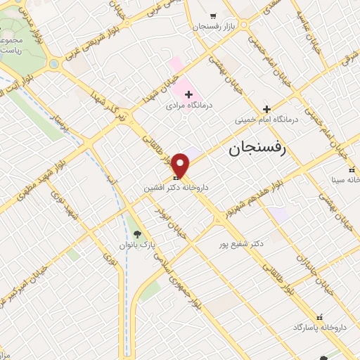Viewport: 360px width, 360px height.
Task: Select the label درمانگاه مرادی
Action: (188, 106)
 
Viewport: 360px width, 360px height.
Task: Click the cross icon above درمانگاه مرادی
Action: (188, 94)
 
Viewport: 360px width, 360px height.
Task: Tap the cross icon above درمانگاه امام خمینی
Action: (266, 109)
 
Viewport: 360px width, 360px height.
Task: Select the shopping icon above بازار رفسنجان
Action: (213, 15)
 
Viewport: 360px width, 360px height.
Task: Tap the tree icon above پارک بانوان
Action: (137, 234)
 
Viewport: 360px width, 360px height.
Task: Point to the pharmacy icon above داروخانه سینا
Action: (352, 169)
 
